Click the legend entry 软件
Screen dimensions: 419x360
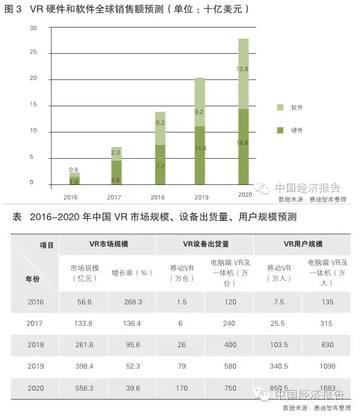(x=290, y=108)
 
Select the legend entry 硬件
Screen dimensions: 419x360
(x=290, y=130)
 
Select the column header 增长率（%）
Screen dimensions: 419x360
(x=132, y=273)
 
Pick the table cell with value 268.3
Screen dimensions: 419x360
(x=132, y=302)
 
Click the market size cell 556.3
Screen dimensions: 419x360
(x=86, y=388)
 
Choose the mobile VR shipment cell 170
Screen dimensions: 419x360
(x=181, y=388)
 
